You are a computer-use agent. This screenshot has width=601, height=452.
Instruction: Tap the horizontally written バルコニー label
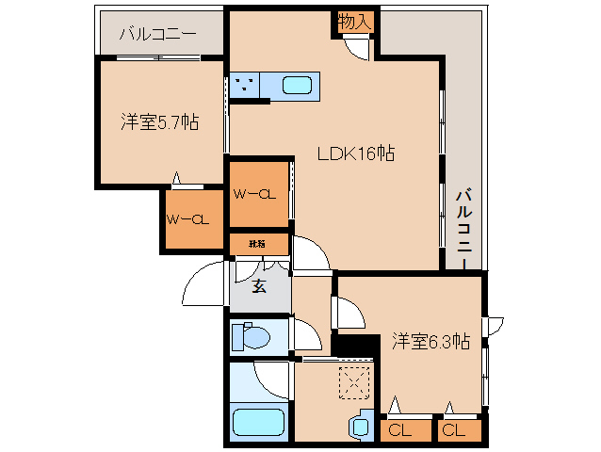(x=157, y=36)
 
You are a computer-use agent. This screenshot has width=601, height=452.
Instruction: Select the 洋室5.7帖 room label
(x=158, y=122)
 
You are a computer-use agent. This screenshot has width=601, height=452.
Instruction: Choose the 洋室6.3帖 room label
(x=430, y=342)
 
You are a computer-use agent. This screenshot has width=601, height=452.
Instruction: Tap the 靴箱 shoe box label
(x=257, y=244)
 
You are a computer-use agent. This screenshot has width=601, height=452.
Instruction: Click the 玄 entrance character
(x=257, y=286)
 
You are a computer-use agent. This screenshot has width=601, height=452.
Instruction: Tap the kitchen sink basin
(x=297, y=86)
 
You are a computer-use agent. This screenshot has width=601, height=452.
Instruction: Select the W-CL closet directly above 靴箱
(x=257, y=194)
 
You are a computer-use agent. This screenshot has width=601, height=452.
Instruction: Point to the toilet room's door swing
(x=306, y=333)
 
